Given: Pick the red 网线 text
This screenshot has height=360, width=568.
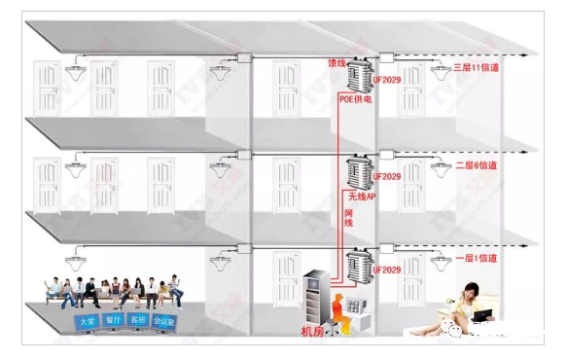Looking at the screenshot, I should (x=348, y=224).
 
